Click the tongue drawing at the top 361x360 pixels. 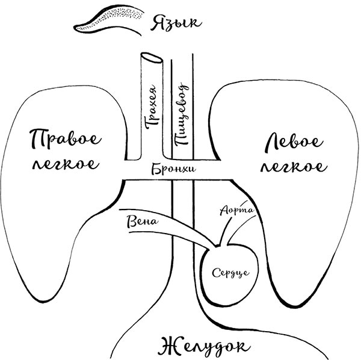coord(108,20)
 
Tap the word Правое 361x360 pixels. coord(63,140)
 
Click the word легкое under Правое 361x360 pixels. coord(63,164)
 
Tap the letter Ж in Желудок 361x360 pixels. coord(166,345)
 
